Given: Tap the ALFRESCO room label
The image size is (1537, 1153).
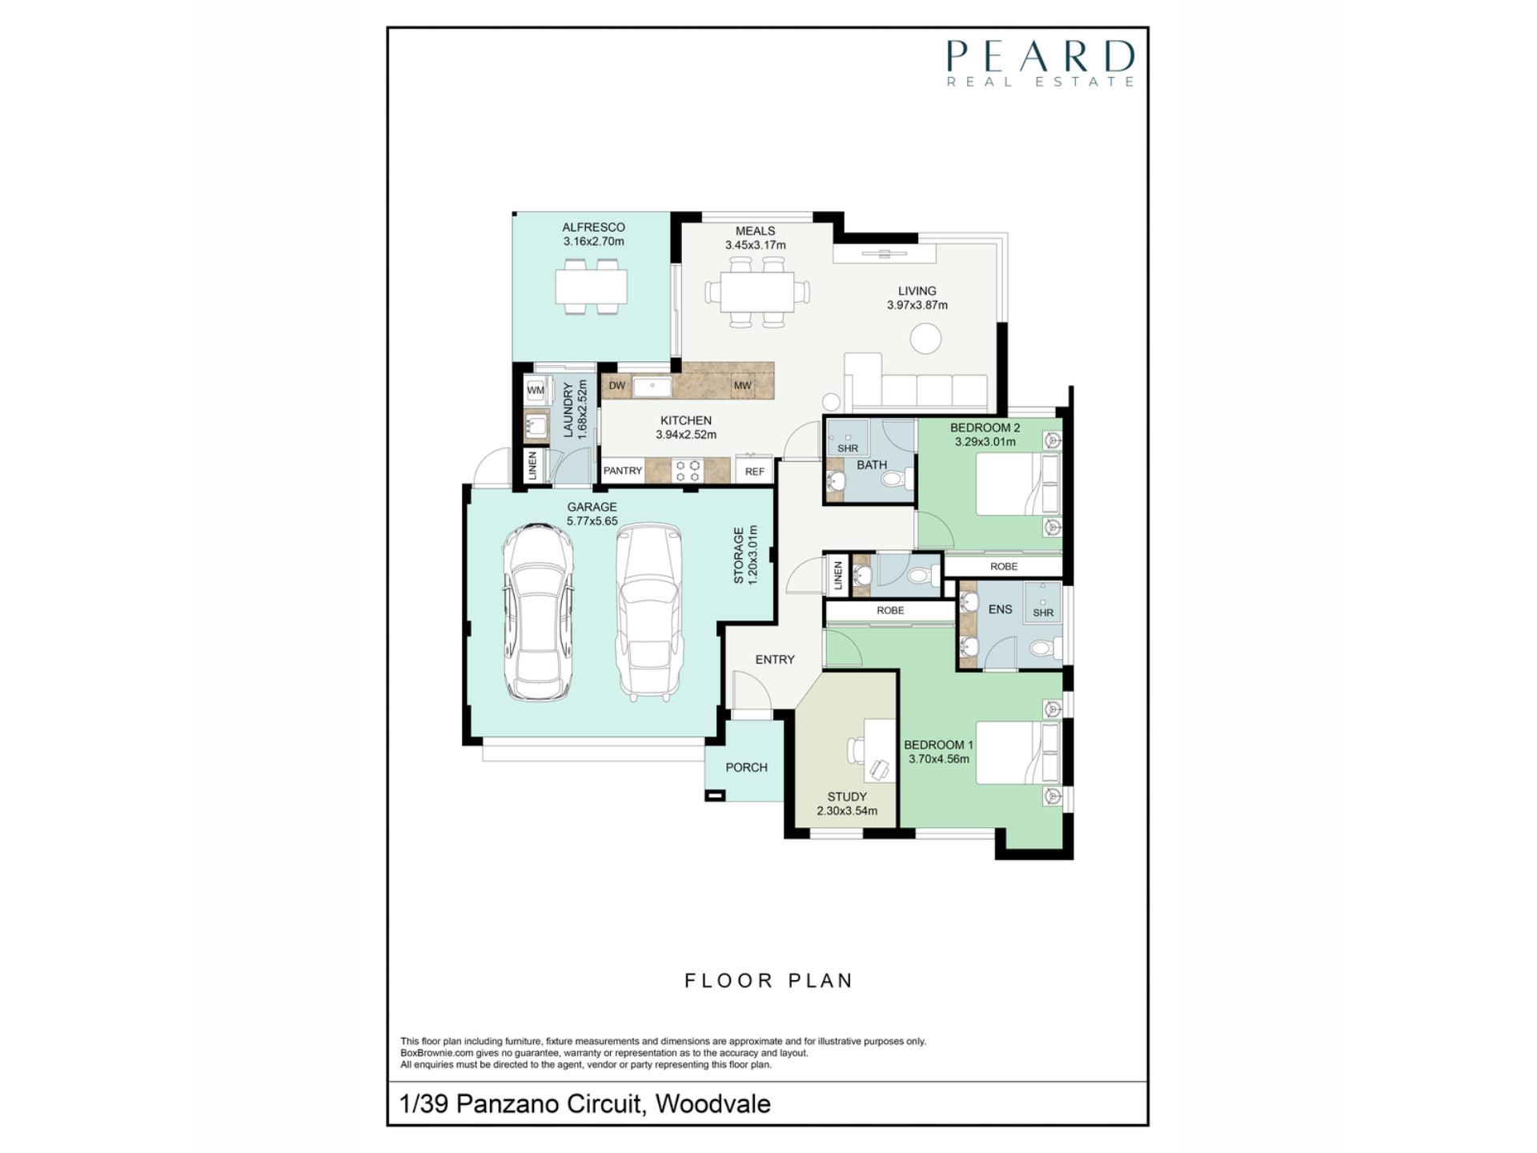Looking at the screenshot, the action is (x=593, y=227).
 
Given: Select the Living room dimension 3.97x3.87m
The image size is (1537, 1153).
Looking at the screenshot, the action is (x=917, y=305).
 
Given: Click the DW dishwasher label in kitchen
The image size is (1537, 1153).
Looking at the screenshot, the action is (x=616, y=386).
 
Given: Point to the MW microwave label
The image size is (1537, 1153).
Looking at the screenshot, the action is (x=742, y=386).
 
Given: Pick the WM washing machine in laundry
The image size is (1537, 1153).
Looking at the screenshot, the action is (x=536, y=391).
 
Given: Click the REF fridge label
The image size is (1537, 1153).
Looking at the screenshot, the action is (x=754, y=472).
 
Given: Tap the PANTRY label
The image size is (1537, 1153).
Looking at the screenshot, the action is (x=623, y=471).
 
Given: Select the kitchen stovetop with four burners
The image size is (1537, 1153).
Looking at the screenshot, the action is (x=687, y=470).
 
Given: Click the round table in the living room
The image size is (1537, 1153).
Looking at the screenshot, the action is (x=925, y=338).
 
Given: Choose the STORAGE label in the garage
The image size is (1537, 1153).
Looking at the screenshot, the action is (x=739, y=555).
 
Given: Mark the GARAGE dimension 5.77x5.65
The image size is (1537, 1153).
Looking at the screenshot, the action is (x=592, y=520).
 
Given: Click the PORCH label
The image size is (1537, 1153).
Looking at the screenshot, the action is (x=746, y=767).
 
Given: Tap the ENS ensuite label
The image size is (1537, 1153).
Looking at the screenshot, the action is (x=1000, y=609).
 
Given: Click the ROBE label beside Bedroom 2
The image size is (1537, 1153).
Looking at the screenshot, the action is (x=1004, y=566).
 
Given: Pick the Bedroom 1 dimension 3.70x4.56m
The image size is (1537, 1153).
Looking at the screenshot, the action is (x=938, y=759).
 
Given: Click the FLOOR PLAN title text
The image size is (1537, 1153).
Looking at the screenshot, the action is (x=768, y=981).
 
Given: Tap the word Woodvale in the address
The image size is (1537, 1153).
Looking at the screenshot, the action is (x=713, y=1104).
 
